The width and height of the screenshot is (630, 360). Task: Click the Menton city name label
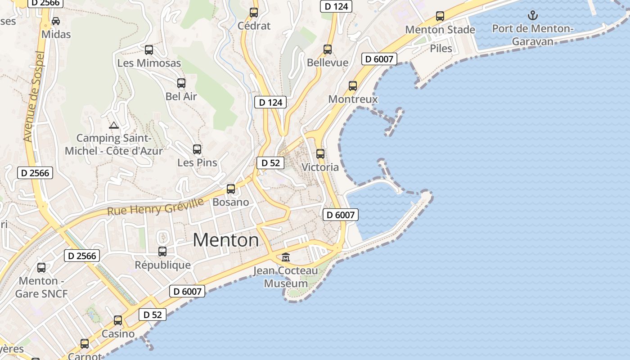(226, 240)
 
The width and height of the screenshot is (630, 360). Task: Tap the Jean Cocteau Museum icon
(286, 257)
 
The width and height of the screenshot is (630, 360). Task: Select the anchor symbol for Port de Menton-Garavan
(533, 16)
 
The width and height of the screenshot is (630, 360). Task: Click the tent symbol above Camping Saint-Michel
(114, 125)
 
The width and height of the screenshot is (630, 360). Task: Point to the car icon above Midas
(56, 21)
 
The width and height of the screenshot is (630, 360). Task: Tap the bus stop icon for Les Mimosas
(149, 50)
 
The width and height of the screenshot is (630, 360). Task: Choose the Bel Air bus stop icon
(181, 83)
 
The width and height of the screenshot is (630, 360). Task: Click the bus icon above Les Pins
(197, 149)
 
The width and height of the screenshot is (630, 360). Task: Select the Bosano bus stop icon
(231, 189)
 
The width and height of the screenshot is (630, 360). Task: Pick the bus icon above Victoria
(320, 154)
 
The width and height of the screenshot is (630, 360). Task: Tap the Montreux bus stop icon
(353, 86)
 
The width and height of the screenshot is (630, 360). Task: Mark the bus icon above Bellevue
(328, 49)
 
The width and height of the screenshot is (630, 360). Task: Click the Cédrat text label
(254, 26)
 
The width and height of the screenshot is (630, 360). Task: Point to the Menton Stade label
(440, 30)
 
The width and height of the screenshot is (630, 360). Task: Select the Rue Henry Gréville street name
(155, 207)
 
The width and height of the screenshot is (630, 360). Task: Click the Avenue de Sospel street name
(34, 97)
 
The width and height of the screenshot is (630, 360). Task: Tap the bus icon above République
(162, 252)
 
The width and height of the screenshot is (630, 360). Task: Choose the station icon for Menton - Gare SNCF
(41, 268)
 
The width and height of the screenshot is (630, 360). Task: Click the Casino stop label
(118, 334)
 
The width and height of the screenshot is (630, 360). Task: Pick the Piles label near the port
(441, 48)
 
